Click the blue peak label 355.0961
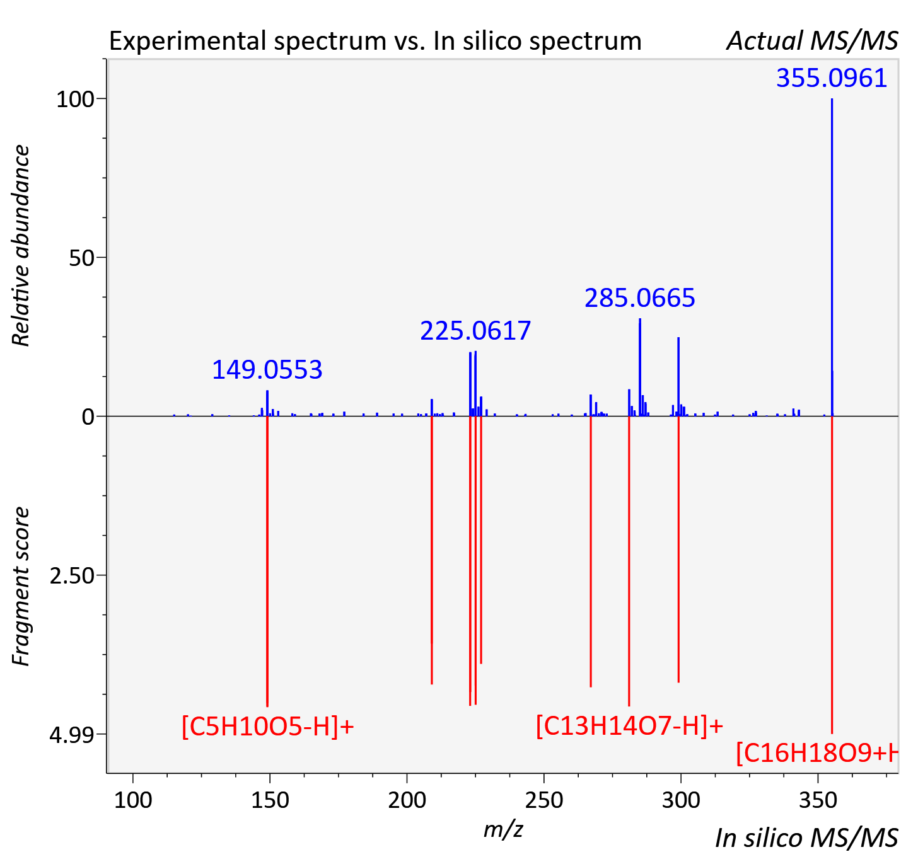pos(832,78)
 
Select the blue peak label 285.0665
pos(640,298)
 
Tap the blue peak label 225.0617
pos(475,331)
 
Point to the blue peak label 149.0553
pos(267,370)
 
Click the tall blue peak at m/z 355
pos(832,257)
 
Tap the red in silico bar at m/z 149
pos(267,561)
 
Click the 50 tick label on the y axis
pos(82,258)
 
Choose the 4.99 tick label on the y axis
pos(72,735)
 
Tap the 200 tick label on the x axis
pos(407,800)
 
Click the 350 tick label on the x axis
pos(818,800)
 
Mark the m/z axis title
pos(503,829)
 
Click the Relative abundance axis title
pos(21,245)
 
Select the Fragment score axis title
pos(21,586)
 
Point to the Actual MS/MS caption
pos(812,41)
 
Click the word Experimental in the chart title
pos(189,42)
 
